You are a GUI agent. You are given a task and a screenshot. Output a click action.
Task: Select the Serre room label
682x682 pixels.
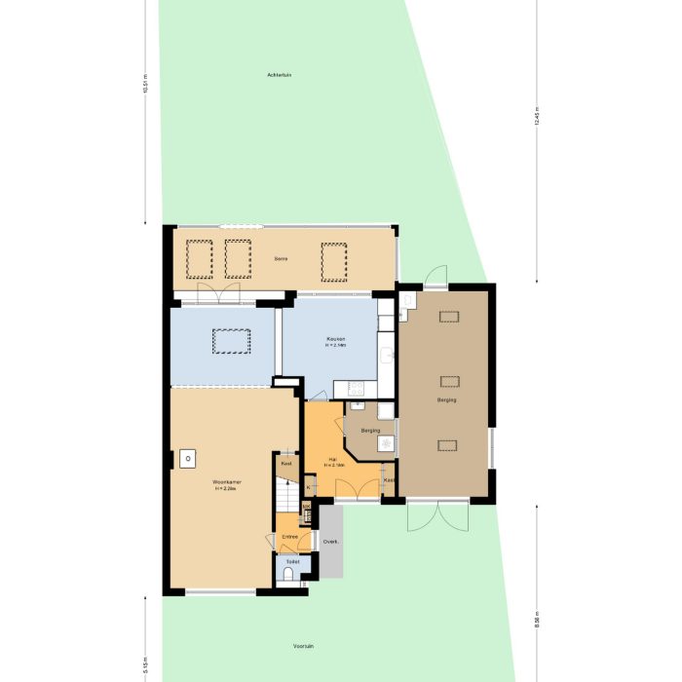coord(281,258)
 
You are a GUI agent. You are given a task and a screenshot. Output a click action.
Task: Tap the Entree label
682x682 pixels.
coord(290,537)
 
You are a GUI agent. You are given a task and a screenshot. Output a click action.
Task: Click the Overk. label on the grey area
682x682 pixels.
coord(330,542)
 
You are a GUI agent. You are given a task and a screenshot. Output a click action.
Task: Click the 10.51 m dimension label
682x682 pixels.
coord(146,86)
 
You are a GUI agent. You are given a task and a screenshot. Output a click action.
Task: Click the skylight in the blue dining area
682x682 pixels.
coord(231,341)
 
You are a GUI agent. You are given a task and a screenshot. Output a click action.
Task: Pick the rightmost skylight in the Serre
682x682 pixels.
coord(333,259)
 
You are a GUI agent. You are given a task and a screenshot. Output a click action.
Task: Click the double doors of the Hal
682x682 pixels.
coord(354,492)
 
